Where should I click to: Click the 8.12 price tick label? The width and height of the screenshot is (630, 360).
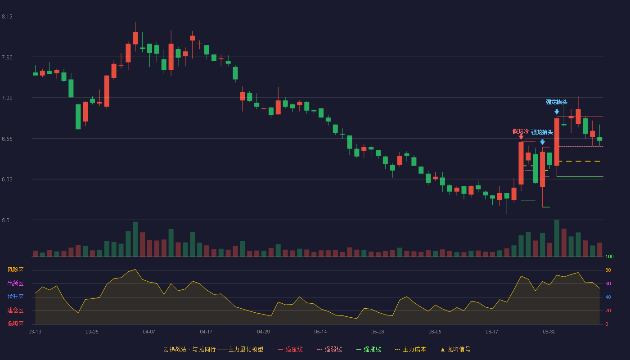(x=7, y=17)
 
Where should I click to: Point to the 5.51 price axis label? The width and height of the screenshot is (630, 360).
(x=7, y=220)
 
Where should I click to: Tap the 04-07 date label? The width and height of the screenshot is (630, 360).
(x=149, y=332)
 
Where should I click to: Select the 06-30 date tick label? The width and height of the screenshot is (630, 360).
(x=549, y=332)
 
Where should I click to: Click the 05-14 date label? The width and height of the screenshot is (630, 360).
(x=320, y=332)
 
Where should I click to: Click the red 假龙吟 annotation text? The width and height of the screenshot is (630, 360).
(x=520, y=131)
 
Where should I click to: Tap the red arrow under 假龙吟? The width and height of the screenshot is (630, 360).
(x=521, y=137)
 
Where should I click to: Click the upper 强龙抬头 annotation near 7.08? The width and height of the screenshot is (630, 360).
(x=556, y=102)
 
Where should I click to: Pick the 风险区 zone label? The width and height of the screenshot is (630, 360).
(x=15, y=270)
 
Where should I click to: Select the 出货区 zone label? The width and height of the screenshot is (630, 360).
(x=15, y=283)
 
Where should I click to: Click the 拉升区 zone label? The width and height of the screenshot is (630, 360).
(x=15, y=297)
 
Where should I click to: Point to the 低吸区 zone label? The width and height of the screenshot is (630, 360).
(x=15, y=324)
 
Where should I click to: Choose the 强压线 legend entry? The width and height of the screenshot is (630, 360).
(x=290, y=349)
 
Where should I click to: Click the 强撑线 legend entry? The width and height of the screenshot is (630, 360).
(x=369, y=349)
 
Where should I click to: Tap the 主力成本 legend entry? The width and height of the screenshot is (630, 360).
(x=410, y=349)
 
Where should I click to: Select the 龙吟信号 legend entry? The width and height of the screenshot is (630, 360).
(x=455, y=349)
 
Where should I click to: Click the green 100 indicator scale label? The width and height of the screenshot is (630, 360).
(x=609, y=256)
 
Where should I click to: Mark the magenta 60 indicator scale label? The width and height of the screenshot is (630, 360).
(x=608, y=283)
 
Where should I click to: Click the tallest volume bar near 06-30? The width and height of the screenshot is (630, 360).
(x=557, y=238)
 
